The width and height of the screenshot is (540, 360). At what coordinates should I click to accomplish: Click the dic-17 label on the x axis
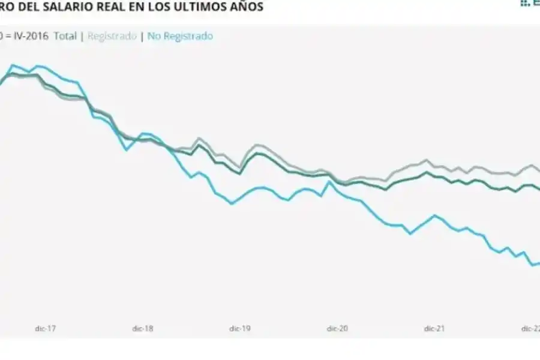pos(45,328)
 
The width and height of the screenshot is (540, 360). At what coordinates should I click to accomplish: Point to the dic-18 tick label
pos(142,328)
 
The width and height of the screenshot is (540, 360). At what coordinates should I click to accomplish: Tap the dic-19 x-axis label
pos(239,328)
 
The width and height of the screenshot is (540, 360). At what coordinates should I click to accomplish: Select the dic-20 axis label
pos(337,328)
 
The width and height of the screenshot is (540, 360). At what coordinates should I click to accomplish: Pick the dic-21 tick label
pos(434,328)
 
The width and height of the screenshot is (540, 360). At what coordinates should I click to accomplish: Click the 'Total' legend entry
pos(65,36)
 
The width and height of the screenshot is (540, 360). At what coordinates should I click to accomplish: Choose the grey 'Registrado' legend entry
pos(112,36)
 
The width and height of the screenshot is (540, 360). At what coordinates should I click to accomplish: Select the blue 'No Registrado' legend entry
pos(180,36)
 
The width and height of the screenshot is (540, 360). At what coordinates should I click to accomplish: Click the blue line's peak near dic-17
pos(13,65)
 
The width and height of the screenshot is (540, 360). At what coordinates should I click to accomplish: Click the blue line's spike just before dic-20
pos(329,181)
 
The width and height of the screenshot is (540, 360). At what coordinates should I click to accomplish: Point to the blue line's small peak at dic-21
pos(434,215)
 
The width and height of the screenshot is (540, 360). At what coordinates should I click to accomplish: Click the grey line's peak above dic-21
pos(427,160)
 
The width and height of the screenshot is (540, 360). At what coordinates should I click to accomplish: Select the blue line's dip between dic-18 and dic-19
pos(191,177)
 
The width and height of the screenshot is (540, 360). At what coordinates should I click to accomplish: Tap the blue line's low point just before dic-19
pos(232,204)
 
